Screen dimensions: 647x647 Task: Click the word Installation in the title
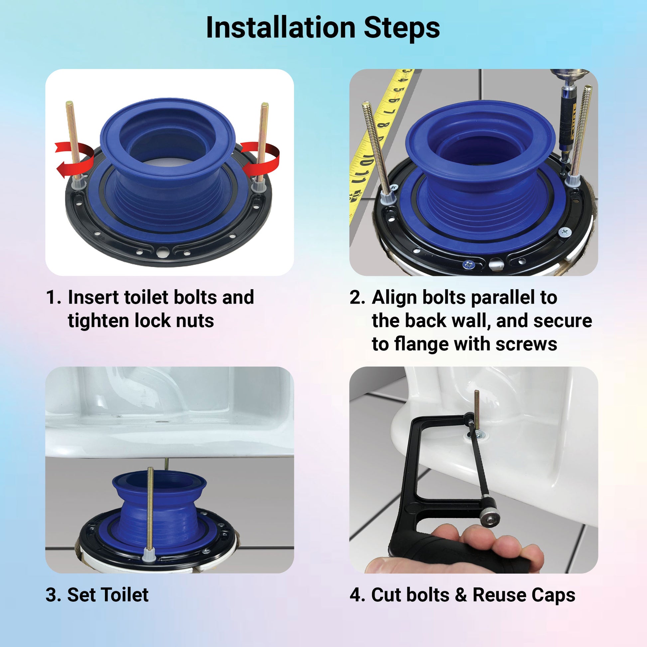click(x=281, y=28)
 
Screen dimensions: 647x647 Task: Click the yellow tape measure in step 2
click(x=378, y=141)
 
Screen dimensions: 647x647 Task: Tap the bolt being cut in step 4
click(x=476, y=414)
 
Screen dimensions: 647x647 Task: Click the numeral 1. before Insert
click(x=54, y=297)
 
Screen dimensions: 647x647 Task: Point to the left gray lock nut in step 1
click(x=78, y=184)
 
